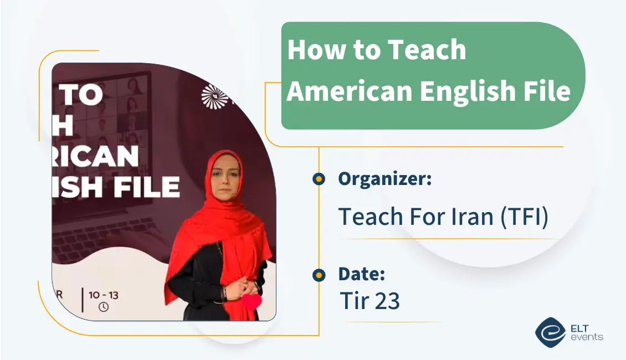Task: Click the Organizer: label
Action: (x=384, y=179)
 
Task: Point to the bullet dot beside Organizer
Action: (x=319, y=179)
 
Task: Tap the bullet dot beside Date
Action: (x=319, y=275)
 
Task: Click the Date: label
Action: (x=361, y=274)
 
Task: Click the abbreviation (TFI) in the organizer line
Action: (x=524, y=217)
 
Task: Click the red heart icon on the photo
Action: (x=252, y=302)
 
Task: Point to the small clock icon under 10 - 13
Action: (x=103, y=306)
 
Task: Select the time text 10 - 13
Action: (x=103, y=294)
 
